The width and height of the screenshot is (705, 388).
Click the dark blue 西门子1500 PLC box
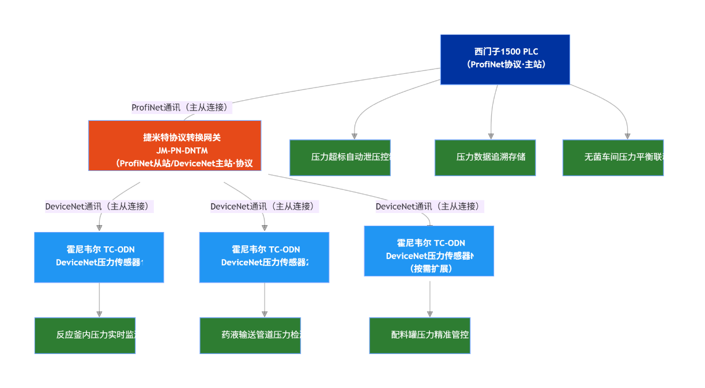[505, 59]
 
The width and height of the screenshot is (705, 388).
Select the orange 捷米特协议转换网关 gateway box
[175, 146]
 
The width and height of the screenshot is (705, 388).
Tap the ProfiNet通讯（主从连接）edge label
[182, 107]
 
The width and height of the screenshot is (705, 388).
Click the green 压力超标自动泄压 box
[340, 157]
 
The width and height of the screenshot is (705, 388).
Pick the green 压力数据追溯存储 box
[485, 157]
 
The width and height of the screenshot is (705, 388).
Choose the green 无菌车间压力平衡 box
[613, 157]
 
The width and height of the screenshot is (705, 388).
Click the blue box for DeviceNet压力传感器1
[99, 257]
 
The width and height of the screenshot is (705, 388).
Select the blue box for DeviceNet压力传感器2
[264, 257]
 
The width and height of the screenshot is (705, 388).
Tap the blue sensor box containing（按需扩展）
[429, 251]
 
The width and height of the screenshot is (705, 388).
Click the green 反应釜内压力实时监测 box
[85, 335]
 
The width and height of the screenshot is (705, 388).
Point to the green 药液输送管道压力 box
[250, 335]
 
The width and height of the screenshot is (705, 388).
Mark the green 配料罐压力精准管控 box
[420, 335]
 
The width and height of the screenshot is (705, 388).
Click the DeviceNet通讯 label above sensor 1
[100, 206]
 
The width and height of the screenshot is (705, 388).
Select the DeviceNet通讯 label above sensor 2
[265, 206]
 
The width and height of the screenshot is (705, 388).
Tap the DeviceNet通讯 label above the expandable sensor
[429, 206]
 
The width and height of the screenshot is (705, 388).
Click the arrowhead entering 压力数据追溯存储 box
[491, 136]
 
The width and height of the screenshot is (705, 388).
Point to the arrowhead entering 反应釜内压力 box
[99, 314]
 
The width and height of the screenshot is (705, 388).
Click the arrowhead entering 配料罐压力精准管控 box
[429, 314]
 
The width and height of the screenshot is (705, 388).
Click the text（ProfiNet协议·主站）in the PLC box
[506, 64]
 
